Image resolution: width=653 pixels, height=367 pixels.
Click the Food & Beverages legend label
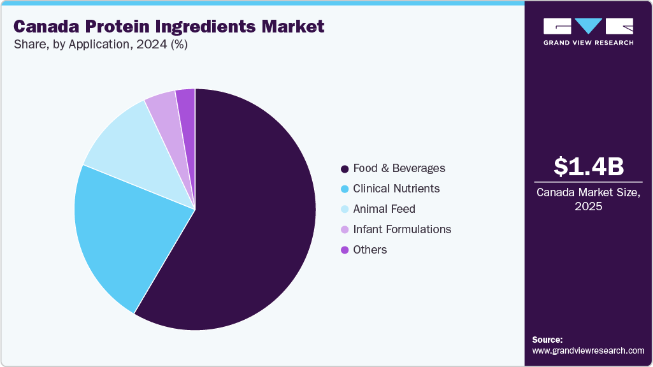tap(399, 168)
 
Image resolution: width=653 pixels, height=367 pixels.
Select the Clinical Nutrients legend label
tap(396, 189)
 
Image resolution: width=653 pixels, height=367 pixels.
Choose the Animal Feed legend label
tap(384, 209)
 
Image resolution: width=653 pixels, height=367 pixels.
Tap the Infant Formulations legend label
tap(401, 229)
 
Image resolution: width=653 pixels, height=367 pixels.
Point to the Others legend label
tap(370, 250)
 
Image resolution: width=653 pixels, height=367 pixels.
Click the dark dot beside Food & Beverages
tap(345, 169)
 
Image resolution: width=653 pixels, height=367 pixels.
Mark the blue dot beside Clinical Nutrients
tap(345, 189)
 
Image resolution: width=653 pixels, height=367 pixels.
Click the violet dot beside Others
tap(345, 250)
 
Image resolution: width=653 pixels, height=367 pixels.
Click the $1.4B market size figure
tap(588, 167)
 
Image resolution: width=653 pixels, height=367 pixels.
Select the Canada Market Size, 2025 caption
tap(588, 199)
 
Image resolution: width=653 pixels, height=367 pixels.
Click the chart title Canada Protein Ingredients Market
tap(169, 27)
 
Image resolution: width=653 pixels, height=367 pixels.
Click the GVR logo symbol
tap(588, 26)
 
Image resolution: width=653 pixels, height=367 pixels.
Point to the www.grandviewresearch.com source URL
tap(588, 350)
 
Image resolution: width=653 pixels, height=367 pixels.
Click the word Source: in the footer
tap(547, 340)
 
